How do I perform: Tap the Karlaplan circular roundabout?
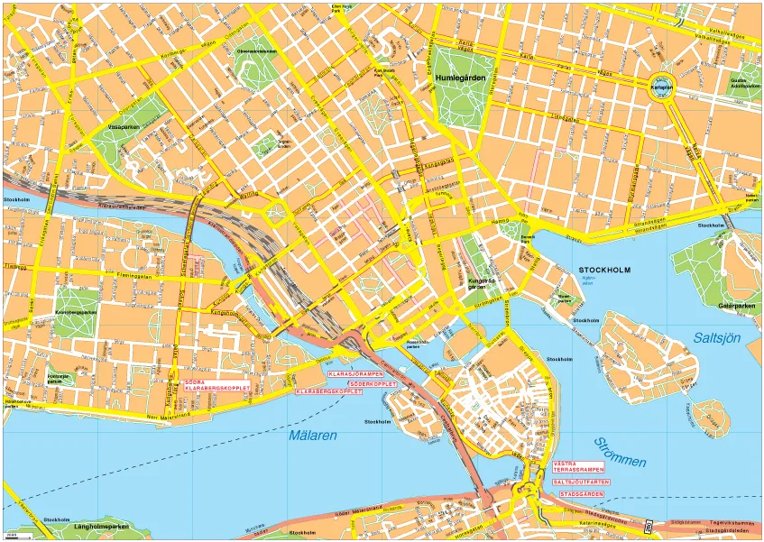664,87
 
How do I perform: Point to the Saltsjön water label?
717,338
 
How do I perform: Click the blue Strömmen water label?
620,452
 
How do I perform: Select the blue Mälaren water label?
313,436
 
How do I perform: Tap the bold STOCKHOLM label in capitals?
604,271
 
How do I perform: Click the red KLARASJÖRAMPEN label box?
356,373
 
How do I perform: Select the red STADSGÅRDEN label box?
578,494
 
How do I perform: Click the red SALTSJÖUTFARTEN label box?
578,482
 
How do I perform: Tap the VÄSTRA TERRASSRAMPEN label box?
578,468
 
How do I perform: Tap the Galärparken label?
737,306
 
